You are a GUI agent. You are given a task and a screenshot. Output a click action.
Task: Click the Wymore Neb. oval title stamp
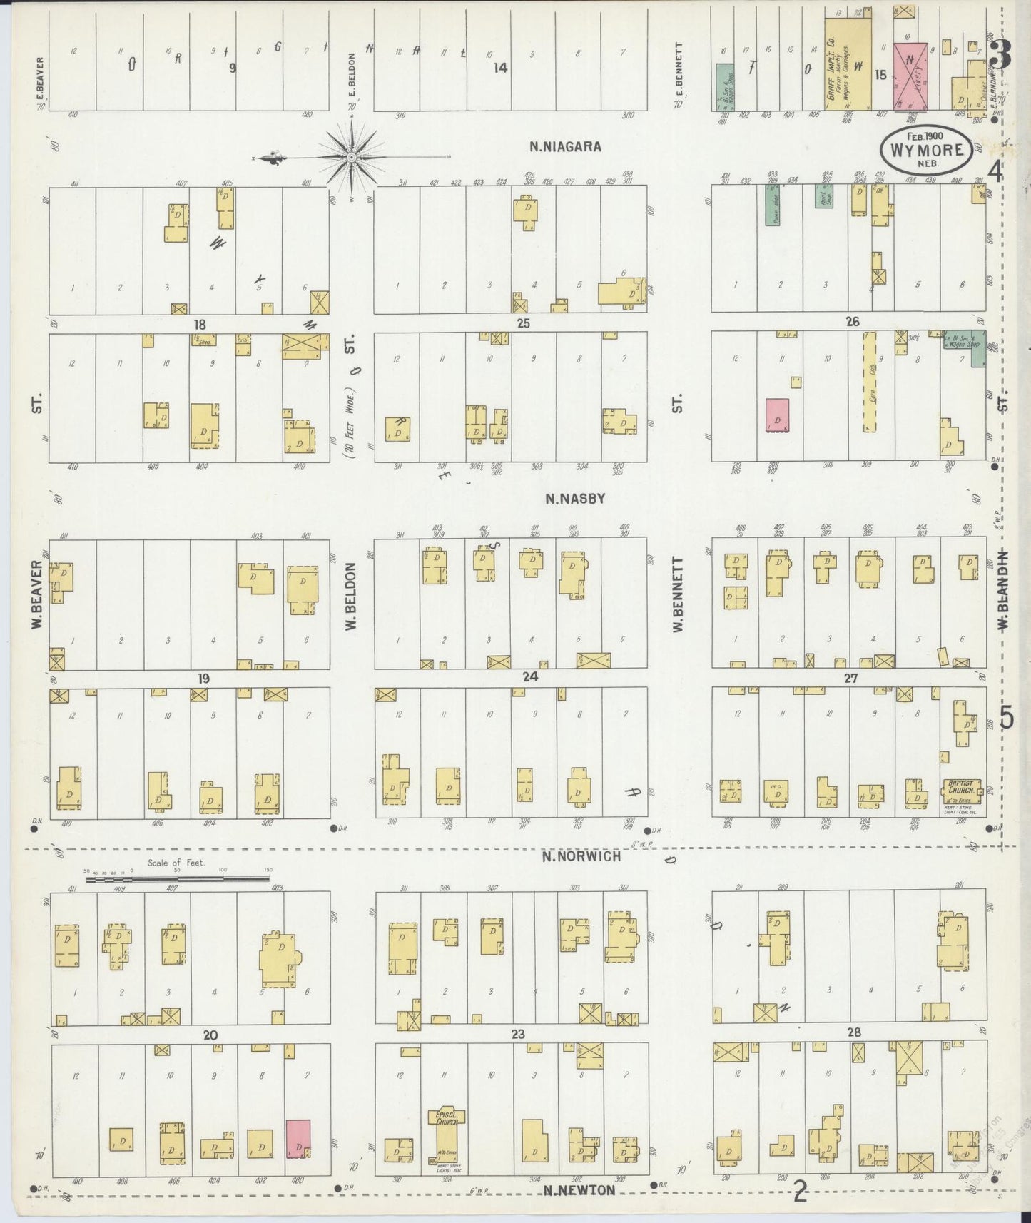coord(926,151)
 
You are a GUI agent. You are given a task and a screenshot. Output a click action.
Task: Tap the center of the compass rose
coord(352,156)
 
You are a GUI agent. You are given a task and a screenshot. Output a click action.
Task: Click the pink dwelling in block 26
coord(778,415)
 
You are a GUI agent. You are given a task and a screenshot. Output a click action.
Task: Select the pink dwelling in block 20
coord(298,1138)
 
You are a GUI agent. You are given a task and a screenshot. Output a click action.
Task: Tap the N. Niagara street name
coord(566,147)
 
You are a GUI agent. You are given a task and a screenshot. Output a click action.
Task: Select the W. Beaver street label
coord(36,595)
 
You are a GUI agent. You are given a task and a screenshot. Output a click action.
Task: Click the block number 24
coord(529,677)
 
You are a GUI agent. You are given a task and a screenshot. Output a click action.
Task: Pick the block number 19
coord(203,678)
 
